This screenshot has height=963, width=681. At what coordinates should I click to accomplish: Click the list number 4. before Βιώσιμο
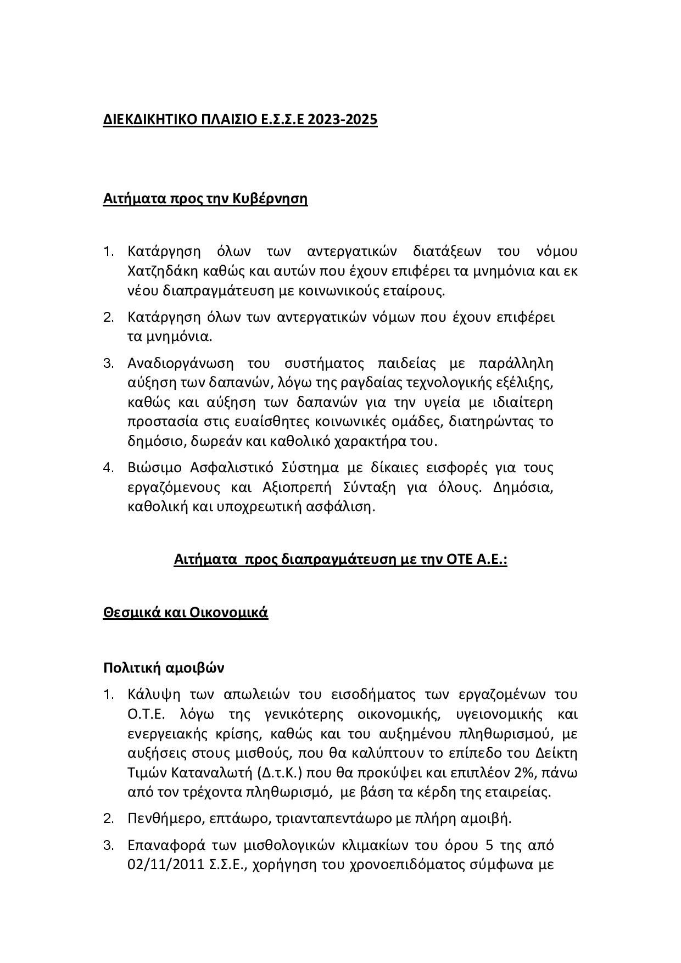tap(108, 468)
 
